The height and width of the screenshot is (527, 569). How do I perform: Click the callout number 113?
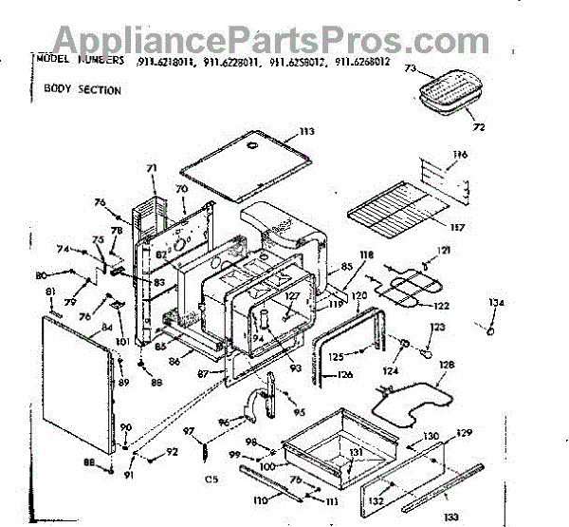[x=305, y=131]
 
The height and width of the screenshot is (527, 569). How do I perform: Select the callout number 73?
[x=411, y=69]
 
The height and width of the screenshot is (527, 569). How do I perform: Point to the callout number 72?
[x=478, y=126]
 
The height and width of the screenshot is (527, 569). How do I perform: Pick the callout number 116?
[x=461, y=154]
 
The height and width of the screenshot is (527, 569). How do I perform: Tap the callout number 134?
[x=496, y=303]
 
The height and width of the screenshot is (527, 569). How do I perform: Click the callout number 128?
[x=447, y=365]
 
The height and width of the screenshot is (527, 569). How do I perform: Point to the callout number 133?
[x=451, y=516]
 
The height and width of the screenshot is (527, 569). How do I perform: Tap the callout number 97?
[x=188, y=432]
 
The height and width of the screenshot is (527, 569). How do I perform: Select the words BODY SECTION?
[x=82, y=90]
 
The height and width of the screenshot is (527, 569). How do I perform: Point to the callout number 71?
[x=150, y=167]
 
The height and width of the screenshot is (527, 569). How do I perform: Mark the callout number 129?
[x=464, y=433]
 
